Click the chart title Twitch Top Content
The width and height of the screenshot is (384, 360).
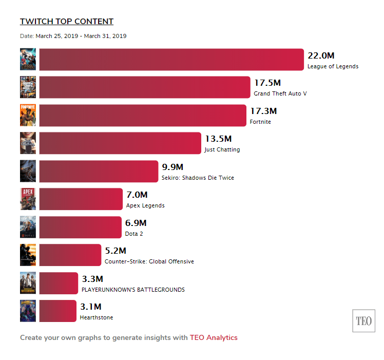(x=67, y=22)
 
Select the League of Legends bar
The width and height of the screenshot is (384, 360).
(x=171, y=60)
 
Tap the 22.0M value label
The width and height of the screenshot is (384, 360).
(x=321, y=55)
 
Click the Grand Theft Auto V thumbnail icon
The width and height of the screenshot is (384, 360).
(x=28, y=87)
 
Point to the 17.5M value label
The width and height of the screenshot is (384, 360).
(x=267, y=83)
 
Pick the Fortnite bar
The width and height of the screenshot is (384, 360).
(x=143, y=115)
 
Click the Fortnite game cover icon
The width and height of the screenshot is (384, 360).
(x=28, y=115)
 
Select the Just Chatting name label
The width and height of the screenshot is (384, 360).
(x=222, y=150)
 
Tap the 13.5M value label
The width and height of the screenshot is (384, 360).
(x=218, y=139)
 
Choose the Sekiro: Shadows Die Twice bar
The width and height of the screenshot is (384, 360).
(x=99, y=171)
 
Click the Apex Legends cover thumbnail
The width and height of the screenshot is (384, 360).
(x=28, y=199)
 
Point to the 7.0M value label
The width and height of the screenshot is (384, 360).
(x=137, y=195)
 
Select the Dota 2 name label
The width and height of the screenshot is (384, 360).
(x=134, y=234)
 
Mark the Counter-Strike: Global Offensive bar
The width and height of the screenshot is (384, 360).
(x=70, y=255)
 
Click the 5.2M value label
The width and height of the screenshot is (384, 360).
(x=116, y=251)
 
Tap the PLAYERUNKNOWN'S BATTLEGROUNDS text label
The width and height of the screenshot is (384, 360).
(x=133, y=290)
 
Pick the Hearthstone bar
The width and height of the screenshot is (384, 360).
(x=57, y=311)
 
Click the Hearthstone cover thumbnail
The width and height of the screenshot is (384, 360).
(x=28, y=311)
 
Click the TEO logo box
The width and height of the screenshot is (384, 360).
(x=363, y=321)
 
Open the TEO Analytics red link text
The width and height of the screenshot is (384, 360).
(x=214, y=337)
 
